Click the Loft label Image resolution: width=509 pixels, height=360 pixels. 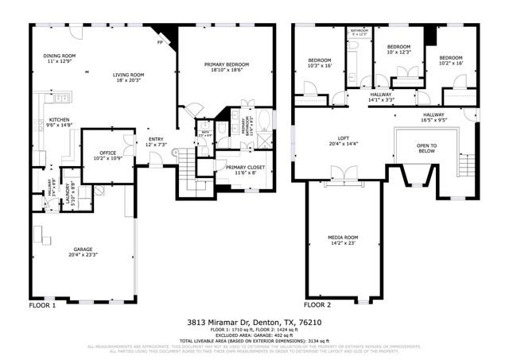click(343, 141)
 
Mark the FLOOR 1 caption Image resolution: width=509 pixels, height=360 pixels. click(42, 305)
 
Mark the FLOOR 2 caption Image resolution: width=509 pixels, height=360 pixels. click(317, 305)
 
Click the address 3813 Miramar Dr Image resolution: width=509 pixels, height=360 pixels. click(220, 323)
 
